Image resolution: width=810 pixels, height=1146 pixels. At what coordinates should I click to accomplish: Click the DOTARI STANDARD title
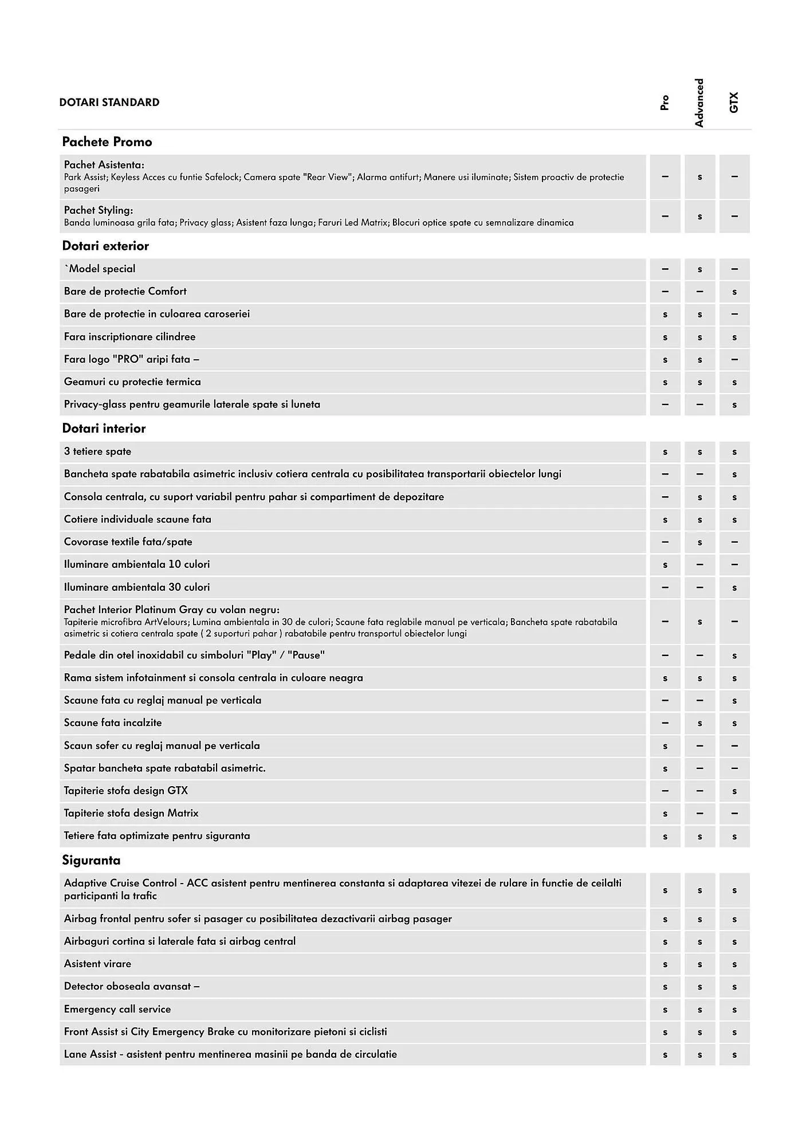[x=109, y=103]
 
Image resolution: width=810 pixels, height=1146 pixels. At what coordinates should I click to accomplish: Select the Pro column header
[x=664, y=103]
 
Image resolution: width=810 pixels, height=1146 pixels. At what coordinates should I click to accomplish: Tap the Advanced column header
[x=699, y=103]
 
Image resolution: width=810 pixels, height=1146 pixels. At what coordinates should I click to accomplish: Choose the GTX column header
[x=734, y=103]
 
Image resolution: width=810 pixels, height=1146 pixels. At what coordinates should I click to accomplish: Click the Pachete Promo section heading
[x=107, y=142]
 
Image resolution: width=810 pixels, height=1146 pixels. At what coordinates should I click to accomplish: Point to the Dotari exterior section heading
[x=105, y=246]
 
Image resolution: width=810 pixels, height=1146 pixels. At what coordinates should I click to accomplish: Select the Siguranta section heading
[x=91, y=860]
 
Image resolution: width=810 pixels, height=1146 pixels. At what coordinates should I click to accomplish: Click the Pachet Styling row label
[x=99, y=210]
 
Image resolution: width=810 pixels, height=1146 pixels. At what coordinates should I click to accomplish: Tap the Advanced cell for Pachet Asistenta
[x=699, y=177]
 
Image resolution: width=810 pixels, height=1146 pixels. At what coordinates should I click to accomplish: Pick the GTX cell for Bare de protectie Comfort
[x=734, y=292]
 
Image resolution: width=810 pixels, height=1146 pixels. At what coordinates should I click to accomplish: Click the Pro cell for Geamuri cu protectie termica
[x=664, y=382]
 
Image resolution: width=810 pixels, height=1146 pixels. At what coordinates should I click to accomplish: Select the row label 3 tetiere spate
[x=97, y=452]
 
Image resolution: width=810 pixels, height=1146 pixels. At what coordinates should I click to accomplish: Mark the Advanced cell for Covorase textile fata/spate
[x=699, y=542]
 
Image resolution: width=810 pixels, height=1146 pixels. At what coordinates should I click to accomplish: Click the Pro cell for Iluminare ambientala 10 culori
[x=664, y=564]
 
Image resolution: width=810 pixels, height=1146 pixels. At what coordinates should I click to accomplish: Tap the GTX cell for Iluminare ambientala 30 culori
[x=734, y=587]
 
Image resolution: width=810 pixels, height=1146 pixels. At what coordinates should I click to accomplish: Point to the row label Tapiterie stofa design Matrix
[x=131, y=813]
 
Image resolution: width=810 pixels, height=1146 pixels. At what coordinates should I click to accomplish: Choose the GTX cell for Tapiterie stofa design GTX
[x=734, y=791]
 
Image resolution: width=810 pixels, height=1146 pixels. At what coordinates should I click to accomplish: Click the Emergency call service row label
[x=117, y=1009]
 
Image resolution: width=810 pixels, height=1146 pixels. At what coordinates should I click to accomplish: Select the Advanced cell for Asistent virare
[x=699, y=964]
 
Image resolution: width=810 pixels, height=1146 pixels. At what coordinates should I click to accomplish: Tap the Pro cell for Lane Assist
[x=664, y=1054]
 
